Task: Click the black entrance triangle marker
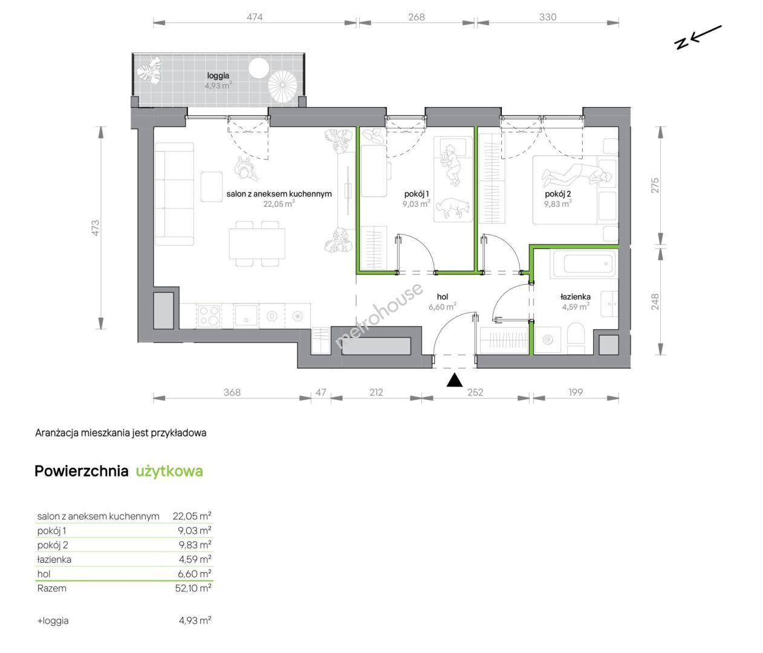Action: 455,380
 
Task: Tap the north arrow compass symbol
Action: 697,37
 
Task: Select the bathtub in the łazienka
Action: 583,264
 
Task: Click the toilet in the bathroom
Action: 576,339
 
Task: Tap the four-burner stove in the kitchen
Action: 209,316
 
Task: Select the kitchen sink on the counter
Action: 246,316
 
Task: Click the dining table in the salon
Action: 257,244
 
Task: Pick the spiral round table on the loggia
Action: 282,85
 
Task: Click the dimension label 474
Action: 255,17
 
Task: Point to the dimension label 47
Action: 321,392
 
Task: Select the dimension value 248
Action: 655,302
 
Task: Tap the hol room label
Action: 442,296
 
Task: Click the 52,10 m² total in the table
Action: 193,588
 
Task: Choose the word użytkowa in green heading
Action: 169,471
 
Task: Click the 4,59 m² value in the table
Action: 195,559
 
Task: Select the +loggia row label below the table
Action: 53,620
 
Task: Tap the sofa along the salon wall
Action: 174,194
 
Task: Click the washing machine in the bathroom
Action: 548,340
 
